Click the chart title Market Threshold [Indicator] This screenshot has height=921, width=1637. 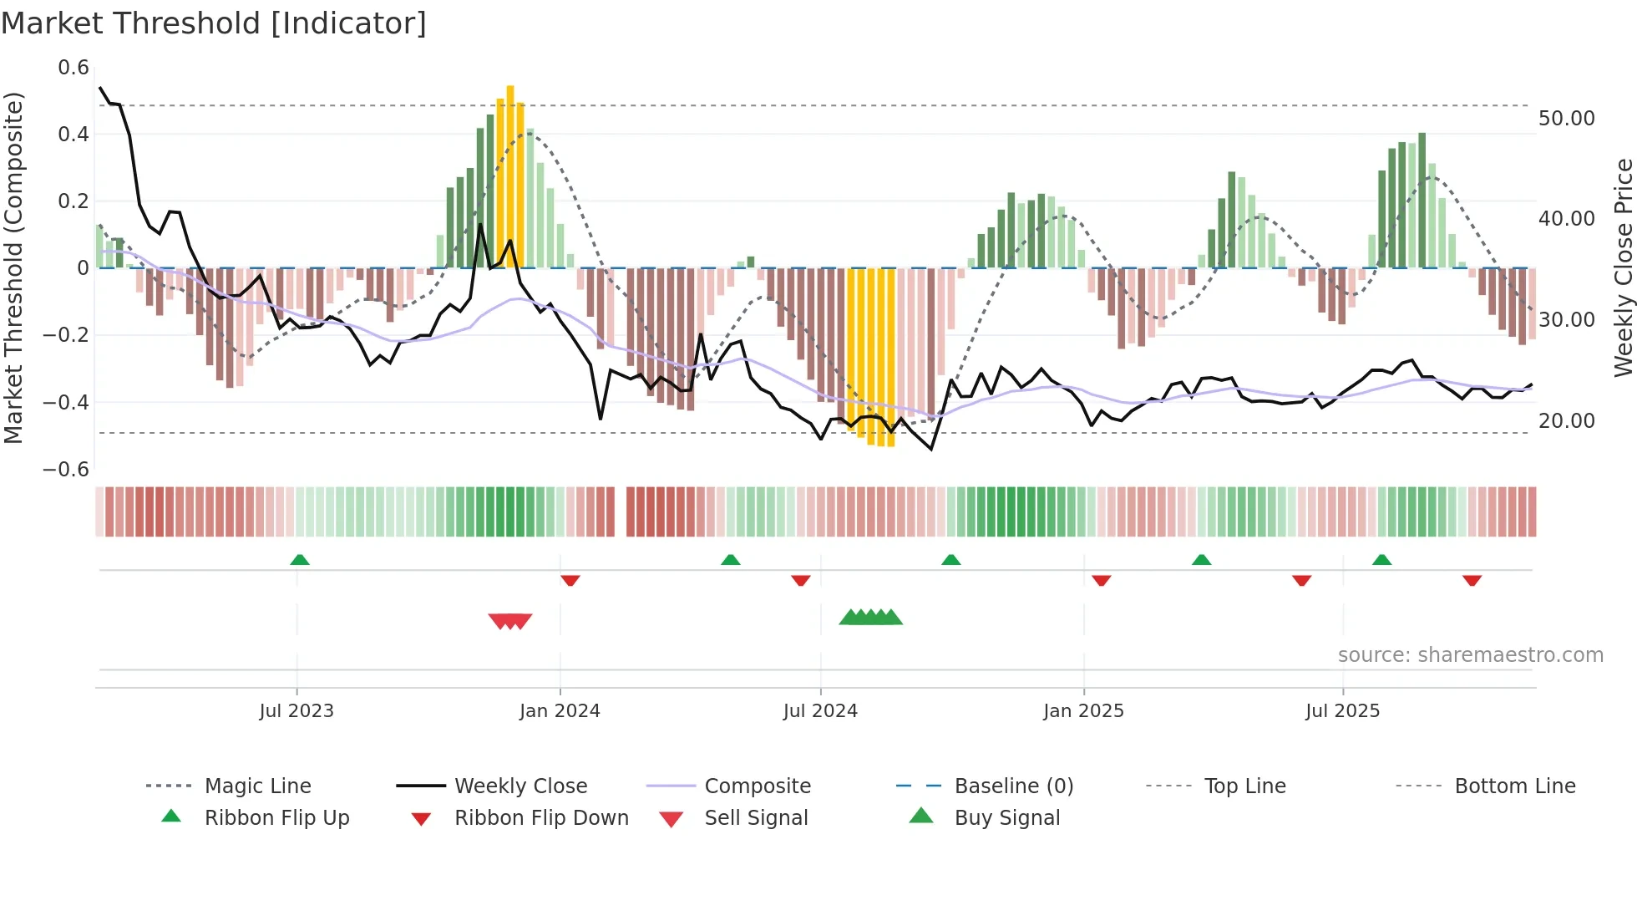click(214, 23)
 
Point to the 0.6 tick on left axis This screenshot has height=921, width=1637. click(73, 68)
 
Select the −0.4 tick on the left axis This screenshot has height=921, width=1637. click(66, 402)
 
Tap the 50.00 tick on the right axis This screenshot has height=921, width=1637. click(1566, 119)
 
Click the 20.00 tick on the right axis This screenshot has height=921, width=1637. click(1566, 421)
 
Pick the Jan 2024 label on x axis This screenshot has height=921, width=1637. click(560, 711)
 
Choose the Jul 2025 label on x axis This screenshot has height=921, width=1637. click(1342, 711)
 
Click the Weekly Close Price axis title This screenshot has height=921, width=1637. click(1622, 267)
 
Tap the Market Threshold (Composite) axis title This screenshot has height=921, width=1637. click(13, 267)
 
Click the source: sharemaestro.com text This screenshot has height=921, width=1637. click(1470, 655)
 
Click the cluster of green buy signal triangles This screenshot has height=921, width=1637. click(870, 618)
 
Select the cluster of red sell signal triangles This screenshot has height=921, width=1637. click(510, 621)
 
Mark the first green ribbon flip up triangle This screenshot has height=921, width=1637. click(300, 559)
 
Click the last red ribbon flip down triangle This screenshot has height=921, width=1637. click(1472, 580)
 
